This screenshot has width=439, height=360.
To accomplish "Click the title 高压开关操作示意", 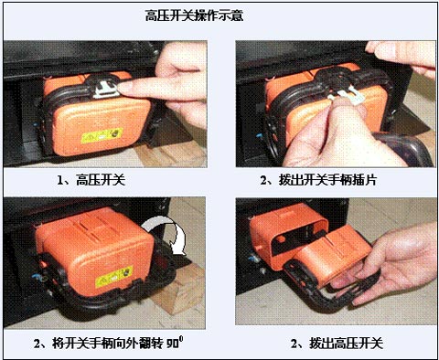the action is pyautogui.click(x=194, y=16).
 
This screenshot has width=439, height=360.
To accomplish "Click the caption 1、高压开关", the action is pyautogui.click(x=91, y=180).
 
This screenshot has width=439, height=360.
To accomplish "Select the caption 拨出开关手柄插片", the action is pyautogui.click(x=327, y=180).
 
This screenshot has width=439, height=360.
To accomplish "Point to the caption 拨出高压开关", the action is pyautogui.click(x=346, y=344).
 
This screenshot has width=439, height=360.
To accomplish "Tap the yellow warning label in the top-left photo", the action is pyautogui.click(x=102, y=135).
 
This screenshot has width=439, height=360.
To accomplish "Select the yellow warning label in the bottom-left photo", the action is pyautogui.click(x=113, y=277).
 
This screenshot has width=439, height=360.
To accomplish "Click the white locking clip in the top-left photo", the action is pyautogui.click(x=105, y=90).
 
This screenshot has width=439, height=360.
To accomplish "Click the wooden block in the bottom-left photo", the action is pyautogui.click(x=180, y=290).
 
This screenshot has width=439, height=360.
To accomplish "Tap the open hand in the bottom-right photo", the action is pyautogui.click(x=393, y=262).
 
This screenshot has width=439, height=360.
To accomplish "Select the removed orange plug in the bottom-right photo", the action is pyautogui.click(x=332, y=258).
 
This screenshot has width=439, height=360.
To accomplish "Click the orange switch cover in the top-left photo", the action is pyautogui.click(x=98, y=117).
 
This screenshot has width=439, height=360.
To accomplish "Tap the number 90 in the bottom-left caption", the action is pyautogui.click(x=173, y=344).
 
